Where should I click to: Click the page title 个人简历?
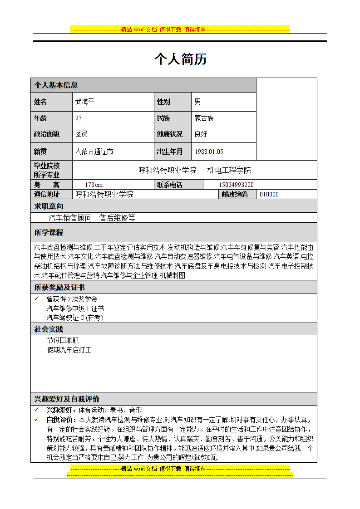coord(180,59)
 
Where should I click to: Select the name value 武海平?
coord(84,102)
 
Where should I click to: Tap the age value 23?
coord(79,118)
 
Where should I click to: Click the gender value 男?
coord(197,102)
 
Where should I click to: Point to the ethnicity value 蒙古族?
coord(204,118)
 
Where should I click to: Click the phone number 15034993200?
coord(236,185)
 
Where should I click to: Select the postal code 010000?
coord(269,195)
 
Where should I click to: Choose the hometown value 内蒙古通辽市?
coord(94,152)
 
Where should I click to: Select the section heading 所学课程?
coord(49,233)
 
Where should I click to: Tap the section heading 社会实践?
coord(49,329)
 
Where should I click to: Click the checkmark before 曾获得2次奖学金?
coord(37,299)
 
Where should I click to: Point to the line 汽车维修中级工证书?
coord(75,308)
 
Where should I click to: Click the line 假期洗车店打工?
coord(69,350)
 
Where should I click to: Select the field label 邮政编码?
coord(235,195)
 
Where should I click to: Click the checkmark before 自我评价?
coord(37,419)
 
